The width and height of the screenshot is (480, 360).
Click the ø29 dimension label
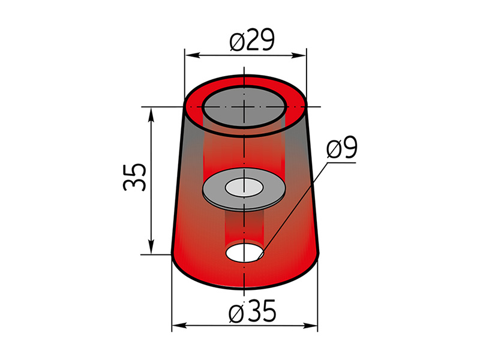(x=252, y=40)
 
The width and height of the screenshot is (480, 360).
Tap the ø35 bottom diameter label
(x=253, y=311)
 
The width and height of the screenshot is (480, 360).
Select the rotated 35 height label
(x=134, y=177)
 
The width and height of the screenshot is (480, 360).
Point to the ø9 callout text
(x=342, y=148)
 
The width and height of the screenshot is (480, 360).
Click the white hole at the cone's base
(x=245, y=253)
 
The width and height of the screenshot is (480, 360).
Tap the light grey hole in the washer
(x=244, y=187)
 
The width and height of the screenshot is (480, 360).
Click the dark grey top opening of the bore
(x=244, y=107)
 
